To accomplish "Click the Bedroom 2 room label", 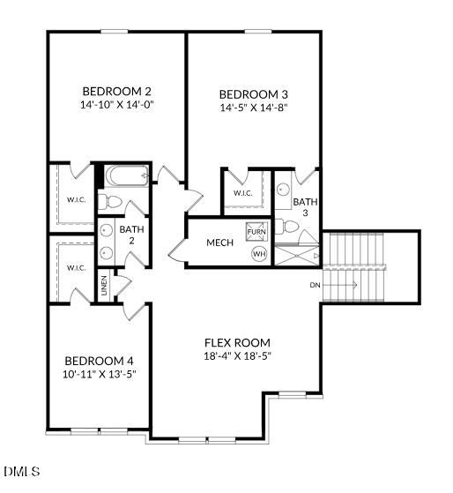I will pyautogui.click(x=117, y=91).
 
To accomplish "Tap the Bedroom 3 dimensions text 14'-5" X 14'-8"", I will pyautogui.click(x=253, y=108).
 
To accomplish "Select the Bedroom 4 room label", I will pyautogui.click(x=99, y=361).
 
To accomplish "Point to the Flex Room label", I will pyautogui.click(x=237, y=343).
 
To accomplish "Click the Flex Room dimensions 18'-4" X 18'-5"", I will pyautogui.click(x=237, y=356).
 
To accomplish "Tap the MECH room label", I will pyautogui.click(x=219, y=243).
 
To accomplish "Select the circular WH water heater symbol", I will pyautogui.click(x=259, y=254).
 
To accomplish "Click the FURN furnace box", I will pyautogui.click(x=256, y=231).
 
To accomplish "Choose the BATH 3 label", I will pyautogui.click(x=305, y=206).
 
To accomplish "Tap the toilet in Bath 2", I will pyautogui.click(x=111, y=202).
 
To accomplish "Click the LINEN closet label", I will pyautogui.click(x=104, y=286).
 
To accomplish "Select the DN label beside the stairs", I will pyautogui.click(x=315, y=285).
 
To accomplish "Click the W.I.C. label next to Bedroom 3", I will pyautogui.click(x=243, y=193).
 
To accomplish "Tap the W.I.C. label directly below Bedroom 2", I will pyautogui.click(x=77, y=198).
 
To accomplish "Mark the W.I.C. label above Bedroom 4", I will pyautogui.click(x=76, y=268).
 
